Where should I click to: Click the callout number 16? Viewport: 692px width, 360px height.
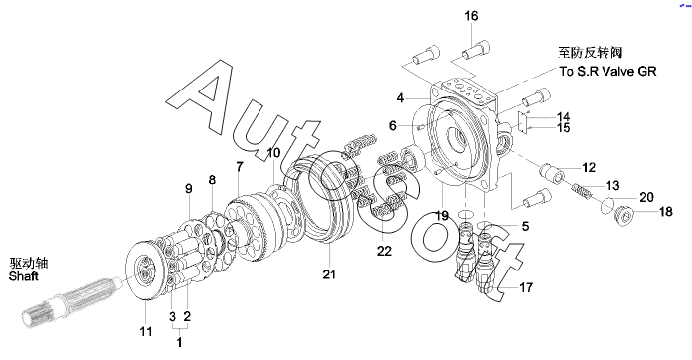[x=471, y=16]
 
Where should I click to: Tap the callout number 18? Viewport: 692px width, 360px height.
[x=665, y=212]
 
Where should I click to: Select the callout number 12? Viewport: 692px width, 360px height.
[x=589, y=168]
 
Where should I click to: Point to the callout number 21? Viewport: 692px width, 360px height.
[x=329, y=274]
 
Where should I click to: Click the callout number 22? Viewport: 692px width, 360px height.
[x=384, y=251]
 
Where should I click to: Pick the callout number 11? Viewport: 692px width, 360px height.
[x=146, y=332]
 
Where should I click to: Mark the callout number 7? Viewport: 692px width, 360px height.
[x=240, y=167]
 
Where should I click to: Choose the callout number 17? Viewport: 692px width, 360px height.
[x=526, y=287]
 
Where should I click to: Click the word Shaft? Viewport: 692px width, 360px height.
[x=24, y=276]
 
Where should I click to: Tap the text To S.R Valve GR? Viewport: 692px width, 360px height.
[x=607, y=71]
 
